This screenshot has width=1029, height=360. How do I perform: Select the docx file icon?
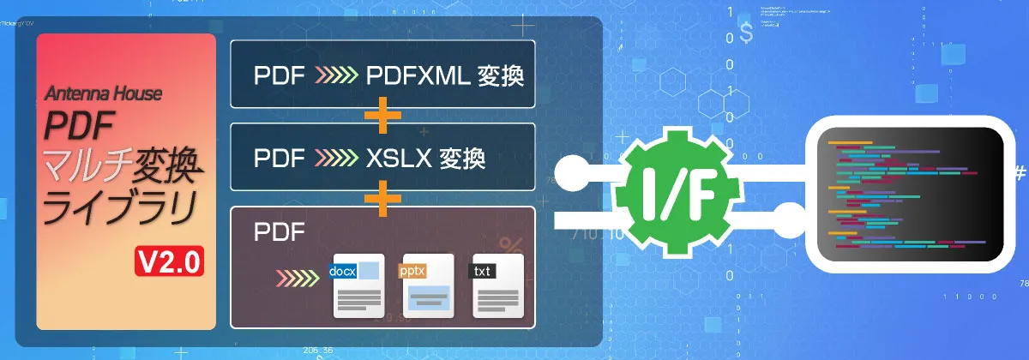coord(358,288)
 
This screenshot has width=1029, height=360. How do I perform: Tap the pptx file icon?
coord(428,288)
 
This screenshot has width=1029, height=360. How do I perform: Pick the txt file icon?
coord(496,288)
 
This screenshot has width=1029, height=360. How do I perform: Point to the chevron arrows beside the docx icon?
coord(299,279)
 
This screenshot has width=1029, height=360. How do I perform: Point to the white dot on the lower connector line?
coord(789,216)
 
